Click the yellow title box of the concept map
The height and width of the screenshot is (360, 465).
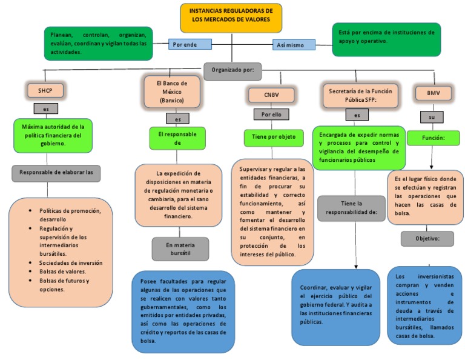[231, 17]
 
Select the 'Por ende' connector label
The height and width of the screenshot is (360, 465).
[190, 44]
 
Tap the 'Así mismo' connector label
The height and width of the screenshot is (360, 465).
[294, 45]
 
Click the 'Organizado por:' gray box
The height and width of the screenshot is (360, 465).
[232, 70]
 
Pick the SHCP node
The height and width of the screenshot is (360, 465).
[45, 91]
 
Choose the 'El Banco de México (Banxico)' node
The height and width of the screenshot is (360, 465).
[173, 91]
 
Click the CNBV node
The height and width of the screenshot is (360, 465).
[271, 95]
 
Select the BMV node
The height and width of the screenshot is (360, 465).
[433, 93]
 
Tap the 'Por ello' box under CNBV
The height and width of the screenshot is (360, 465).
[271, 114]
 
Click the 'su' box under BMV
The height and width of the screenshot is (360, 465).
[432, 116]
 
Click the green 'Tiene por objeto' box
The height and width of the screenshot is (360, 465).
[272, 137]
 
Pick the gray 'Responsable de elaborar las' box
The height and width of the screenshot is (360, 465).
[56, 172]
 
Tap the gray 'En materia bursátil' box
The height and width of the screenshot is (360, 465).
[180, 249]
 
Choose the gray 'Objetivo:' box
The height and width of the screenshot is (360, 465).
[427, 239]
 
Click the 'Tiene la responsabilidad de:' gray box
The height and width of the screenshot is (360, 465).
[351, 208]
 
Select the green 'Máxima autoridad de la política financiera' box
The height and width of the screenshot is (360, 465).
[53, 135]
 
